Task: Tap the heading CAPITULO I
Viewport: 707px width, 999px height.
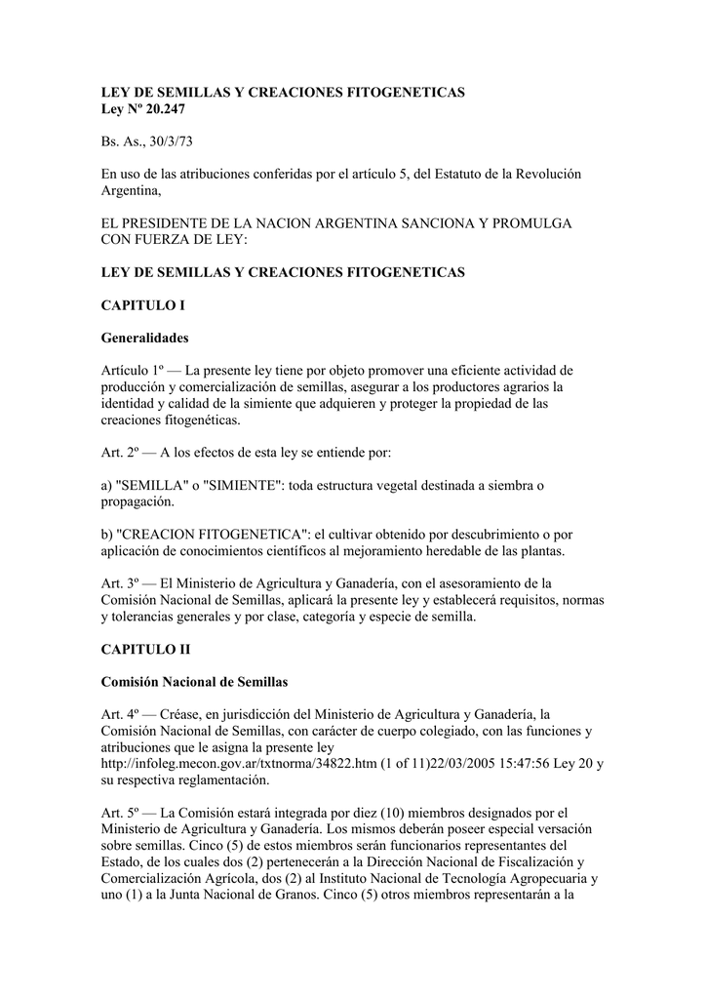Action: tap(143, 305)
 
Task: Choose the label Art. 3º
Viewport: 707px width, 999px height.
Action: tap(122, 583)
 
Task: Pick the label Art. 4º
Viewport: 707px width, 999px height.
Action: tap(122, 713)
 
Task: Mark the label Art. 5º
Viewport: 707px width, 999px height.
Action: tap(122, 812)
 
